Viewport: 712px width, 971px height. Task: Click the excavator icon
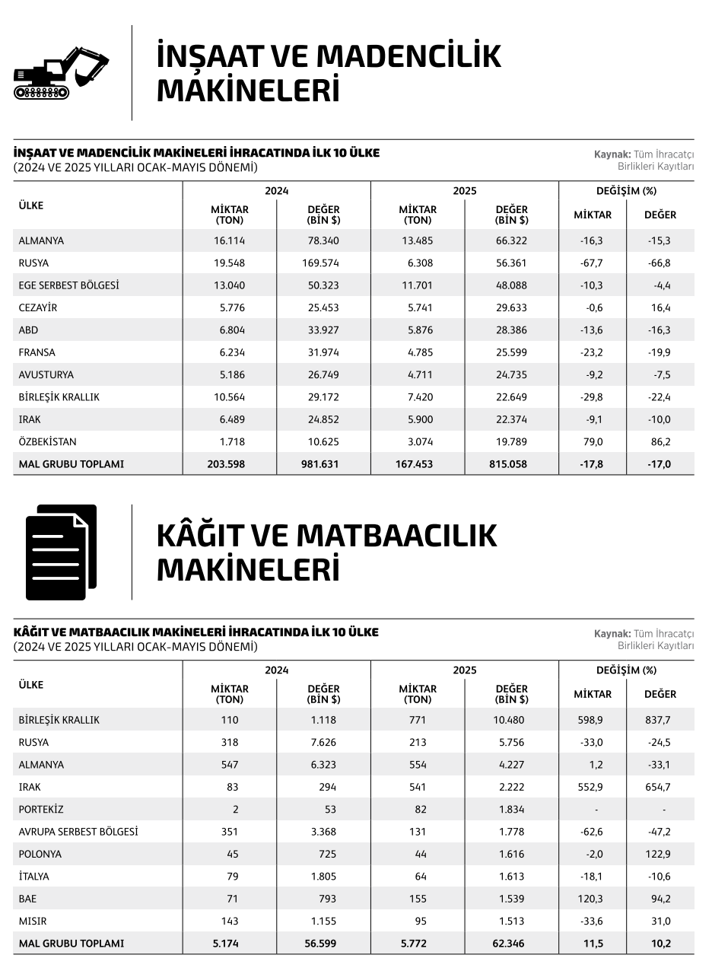[x=61, y=73]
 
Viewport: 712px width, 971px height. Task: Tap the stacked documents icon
[x=61, y=552]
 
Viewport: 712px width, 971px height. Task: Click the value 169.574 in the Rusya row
[x=320, y=263]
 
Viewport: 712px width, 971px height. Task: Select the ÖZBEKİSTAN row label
[x=47, y=442]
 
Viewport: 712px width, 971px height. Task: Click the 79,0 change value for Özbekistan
[x=592, y=442]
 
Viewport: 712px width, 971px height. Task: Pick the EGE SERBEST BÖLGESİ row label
[x=68, y=285]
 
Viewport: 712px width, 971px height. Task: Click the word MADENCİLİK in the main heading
[x=408, y=56]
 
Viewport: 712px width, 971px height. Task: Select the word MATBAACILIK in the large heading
[x=396, y=536]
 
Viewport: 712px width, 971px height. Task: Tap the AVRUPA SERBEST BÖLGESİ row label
[x=78, y=832]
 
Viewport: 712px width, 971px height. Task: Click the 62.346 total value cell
[x=509, y=944]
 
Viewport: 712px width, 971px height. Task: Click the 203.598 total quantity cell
[x=227, y=464]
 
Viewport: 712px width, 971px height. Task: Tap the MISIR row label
[x=34, y=922]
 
